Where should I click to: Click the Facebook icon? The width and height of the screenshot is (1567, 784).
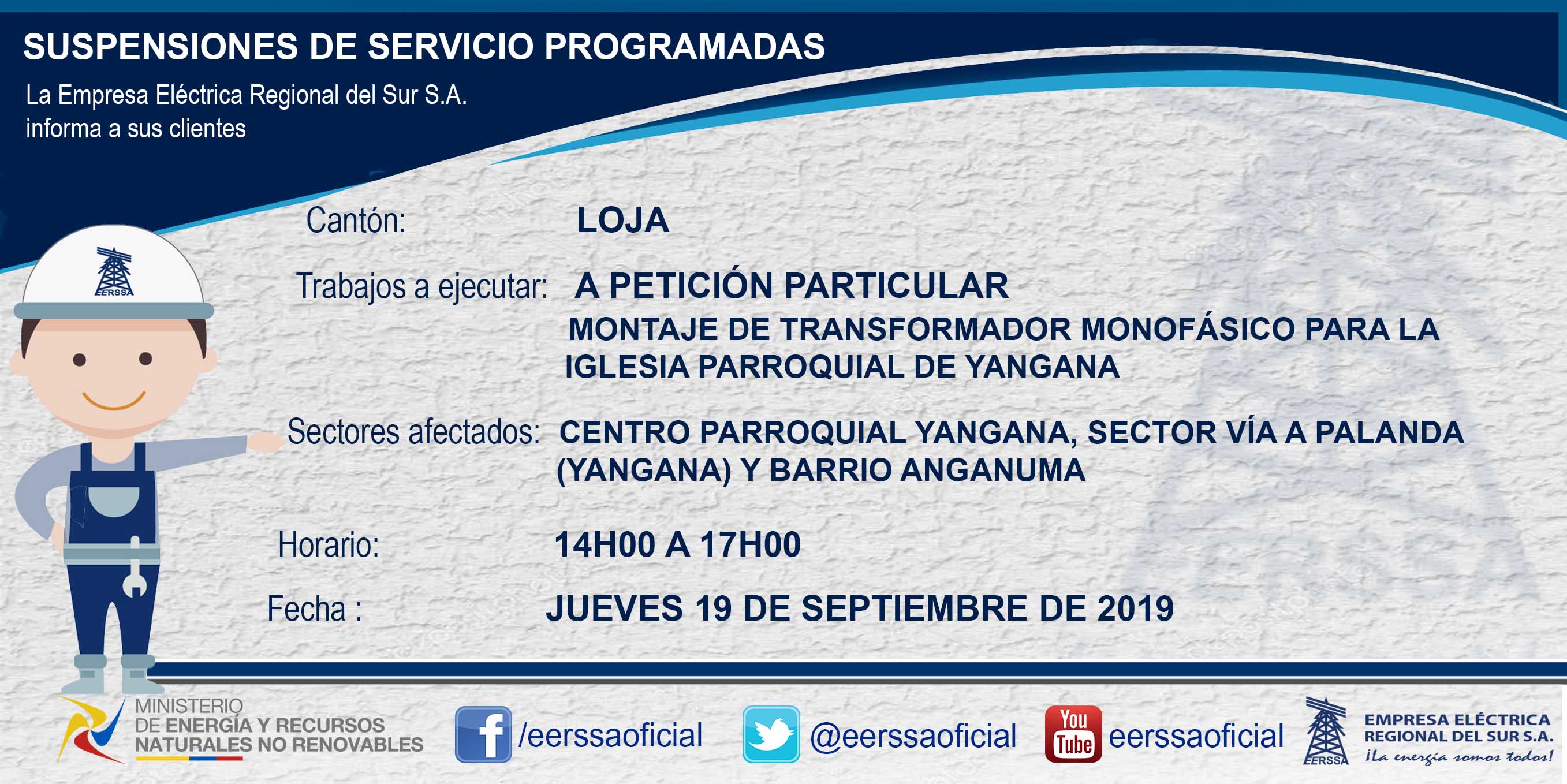tap(483, 734)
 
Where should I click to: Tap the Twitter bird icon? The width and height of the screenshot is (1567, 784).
tap(771, 734)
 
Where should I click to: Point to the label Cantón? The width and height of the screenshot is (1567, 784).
tap(356, 220)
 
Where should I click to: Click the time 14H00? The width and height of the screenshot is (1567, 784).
tap(605, 544)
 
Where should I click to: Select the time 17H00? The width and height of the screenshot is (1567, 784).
tap(750, 544)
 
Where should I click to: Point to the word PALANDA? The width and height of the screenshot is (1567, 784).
tap(1389, 432)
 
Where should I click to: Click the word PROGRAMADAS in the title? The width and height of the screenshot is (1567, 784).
tap(684, 46)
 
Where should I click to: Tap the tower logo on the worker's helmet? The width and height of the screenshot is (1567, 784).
tap(114, 271)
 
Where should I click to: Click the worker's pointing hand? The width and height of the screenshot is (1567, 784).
tap(265, 442)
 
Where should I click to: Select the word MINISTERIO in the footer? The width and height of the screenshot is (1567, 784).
tap(189, 706)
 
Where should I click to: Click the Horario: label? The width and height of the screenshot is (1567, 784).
tap(329, 545)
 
